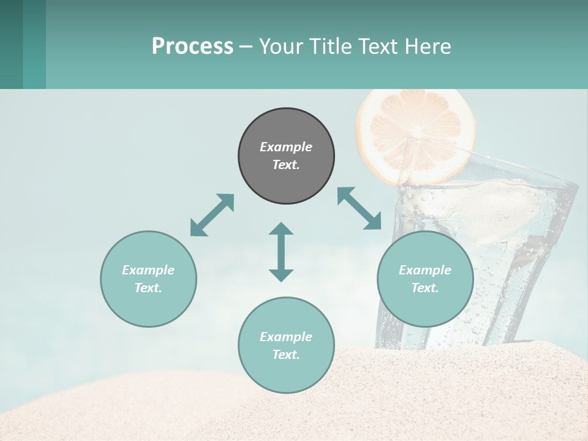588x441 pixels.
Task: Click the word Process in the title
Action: pos(192,47)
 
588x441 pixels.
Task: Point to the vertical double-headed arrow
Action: pos(281,252)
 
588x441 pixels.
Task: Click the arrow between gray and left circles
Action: pos(212,215)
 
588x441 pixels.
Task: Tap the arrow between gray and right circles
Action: pos(360,208)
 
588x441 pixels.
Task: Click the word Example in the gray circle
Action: pos(286,147)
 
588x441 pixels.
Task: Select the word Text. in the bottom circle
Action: pos(286,355)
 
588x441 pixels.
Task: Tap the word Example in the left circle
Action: pos(148,270)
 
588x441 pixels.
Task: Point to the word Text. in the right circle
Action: pos(425,288)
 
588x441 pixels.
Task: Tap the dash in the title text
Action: pos(246,47)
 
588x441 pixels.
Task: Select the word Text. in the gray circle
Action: pos(286,165)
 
